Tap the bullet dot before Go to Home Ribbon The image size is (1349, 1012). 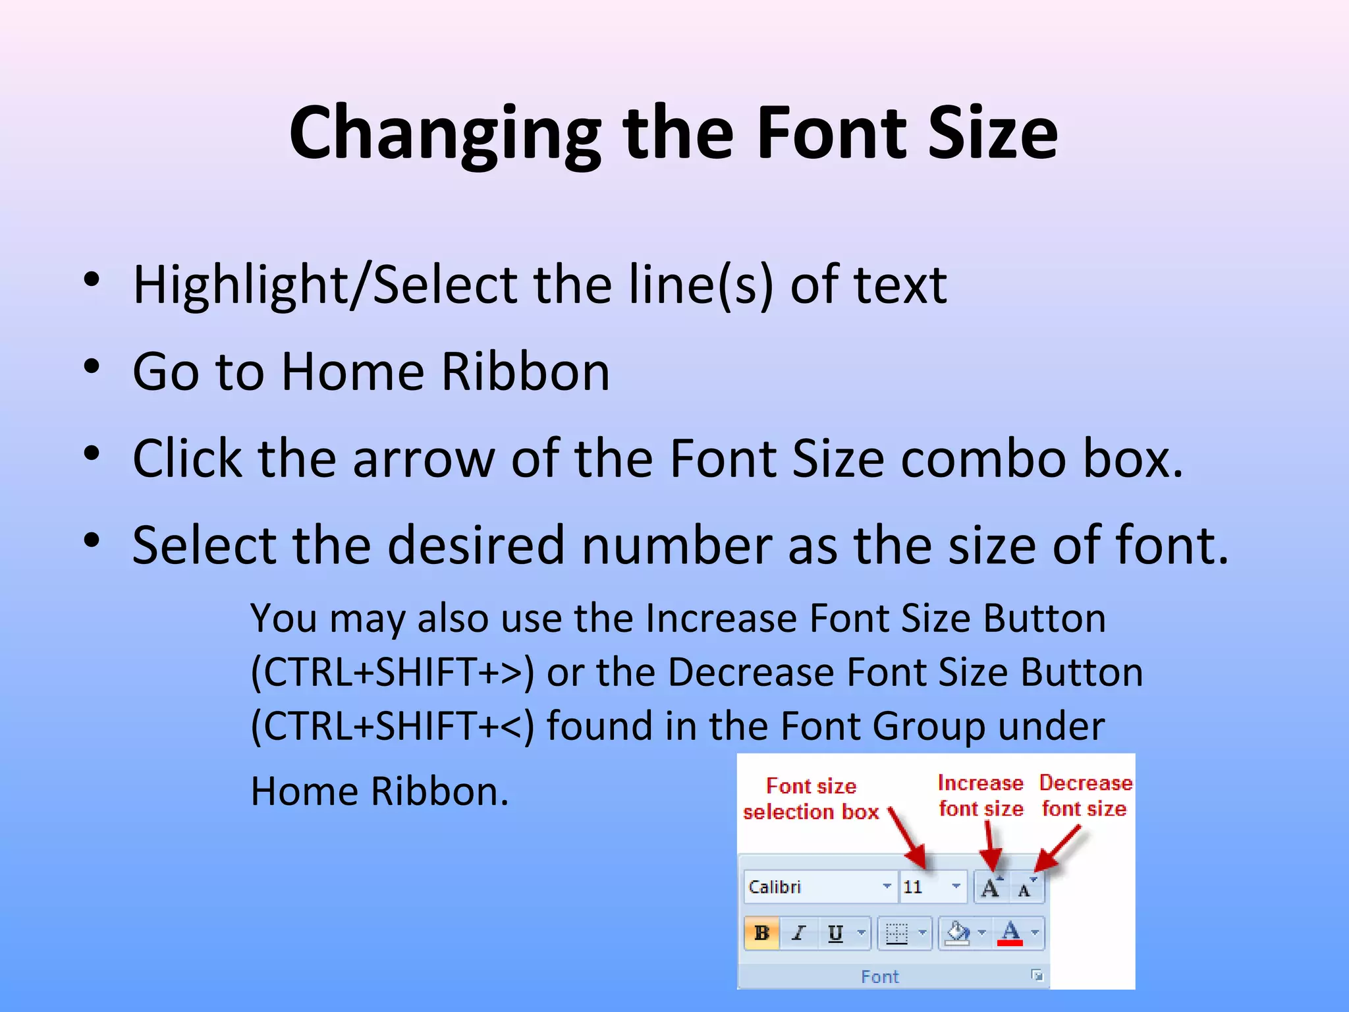[x=92, y=366]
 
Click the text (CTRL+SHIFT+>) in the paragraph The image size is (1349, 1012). [x=393, y=673]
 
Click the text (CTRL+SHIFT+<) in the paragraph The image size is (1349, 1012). [x=393, y=727]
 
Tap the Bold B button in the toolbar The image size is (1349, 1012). [x=762, y=933]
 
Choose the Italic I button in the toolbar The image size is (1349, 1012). [x=798, y=933]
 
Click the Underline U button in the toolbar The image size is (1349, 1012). [x=835, y=933]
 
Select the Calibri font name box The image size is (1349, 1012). [x=813, y=887]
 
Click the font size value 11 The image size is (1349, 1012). [x=913, y=887]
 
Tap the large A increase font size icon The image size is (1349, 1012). [x=990, y=887]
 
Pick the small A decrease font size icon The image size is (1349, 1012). [x=1025, y=889]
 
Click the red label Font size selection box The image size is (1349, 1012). [x=811, y=799]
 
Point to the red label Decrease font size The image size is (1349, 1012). [x=1085, y=795]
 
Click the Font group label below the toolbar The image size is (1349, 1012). [x=879, y=976]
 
